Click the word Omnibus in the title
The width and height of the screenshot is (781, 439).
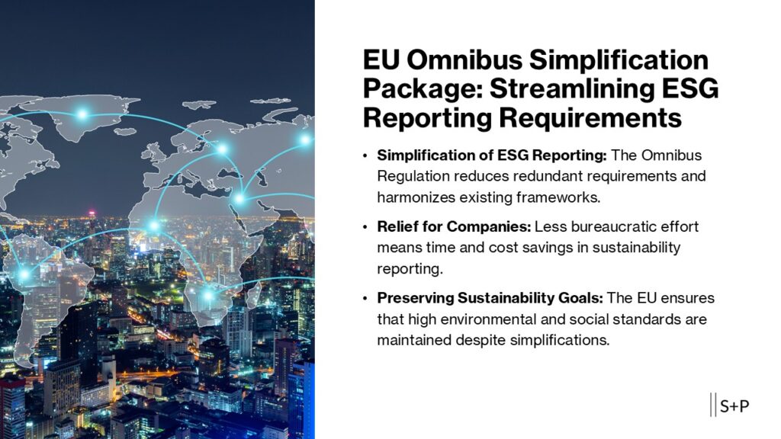coord(464,59)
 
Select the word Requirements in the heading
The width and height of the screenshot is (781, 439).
coord(590,118)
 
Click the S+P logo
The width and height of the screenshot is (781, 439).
coord(730,405)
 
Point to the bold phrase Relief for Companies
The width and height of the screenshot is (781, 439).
coord(454,226)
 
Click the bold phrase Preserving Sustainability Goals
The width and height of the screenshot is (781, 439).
coord(490,298)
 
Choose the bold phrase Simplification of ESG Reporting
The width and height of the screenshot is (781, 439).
coord(492,155)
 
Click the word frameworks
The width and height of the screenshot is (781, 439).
coord(558,197)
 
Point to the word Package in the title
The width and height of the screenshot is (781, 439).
coord(423,90)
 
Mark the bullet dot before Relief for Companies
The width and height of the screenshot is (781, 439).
coord(365,227)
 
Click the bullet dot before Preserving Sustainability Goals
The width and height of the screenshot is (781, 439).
coord(365,299)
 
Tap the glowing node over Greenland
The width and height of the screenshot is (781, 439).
coord(82,114)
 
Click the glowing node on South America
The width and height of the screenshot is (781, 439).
coord(24,274)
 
